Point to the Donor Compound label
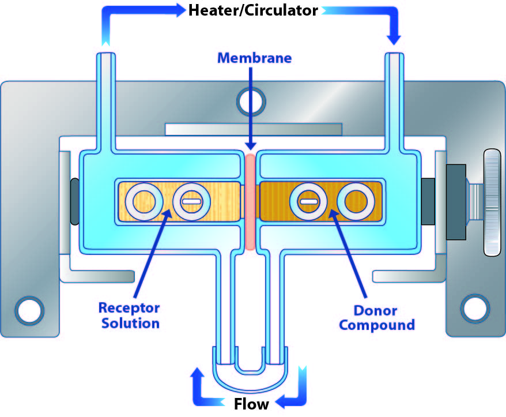pyautogui.click(x=376, y=318)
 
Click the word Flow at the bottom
pyautogui.click(x=251, y=403)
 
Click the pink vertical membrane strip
pyautogui.click(x=250, y=201)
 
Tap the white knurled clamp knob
pyautogui.click(x=493, y=202)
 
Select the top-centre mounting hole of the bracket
pyautogui.click(x=252, y=100)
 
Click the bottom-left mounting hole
pyautogui.click(x=27, y=310)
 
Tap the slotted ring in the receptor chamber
pyautogui.click(x=191, y=201)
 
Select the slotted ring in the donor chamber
pyautogui.click(x=309, y=201)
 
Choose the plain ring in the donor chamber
pyautogui.click(x=356, y=201)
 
